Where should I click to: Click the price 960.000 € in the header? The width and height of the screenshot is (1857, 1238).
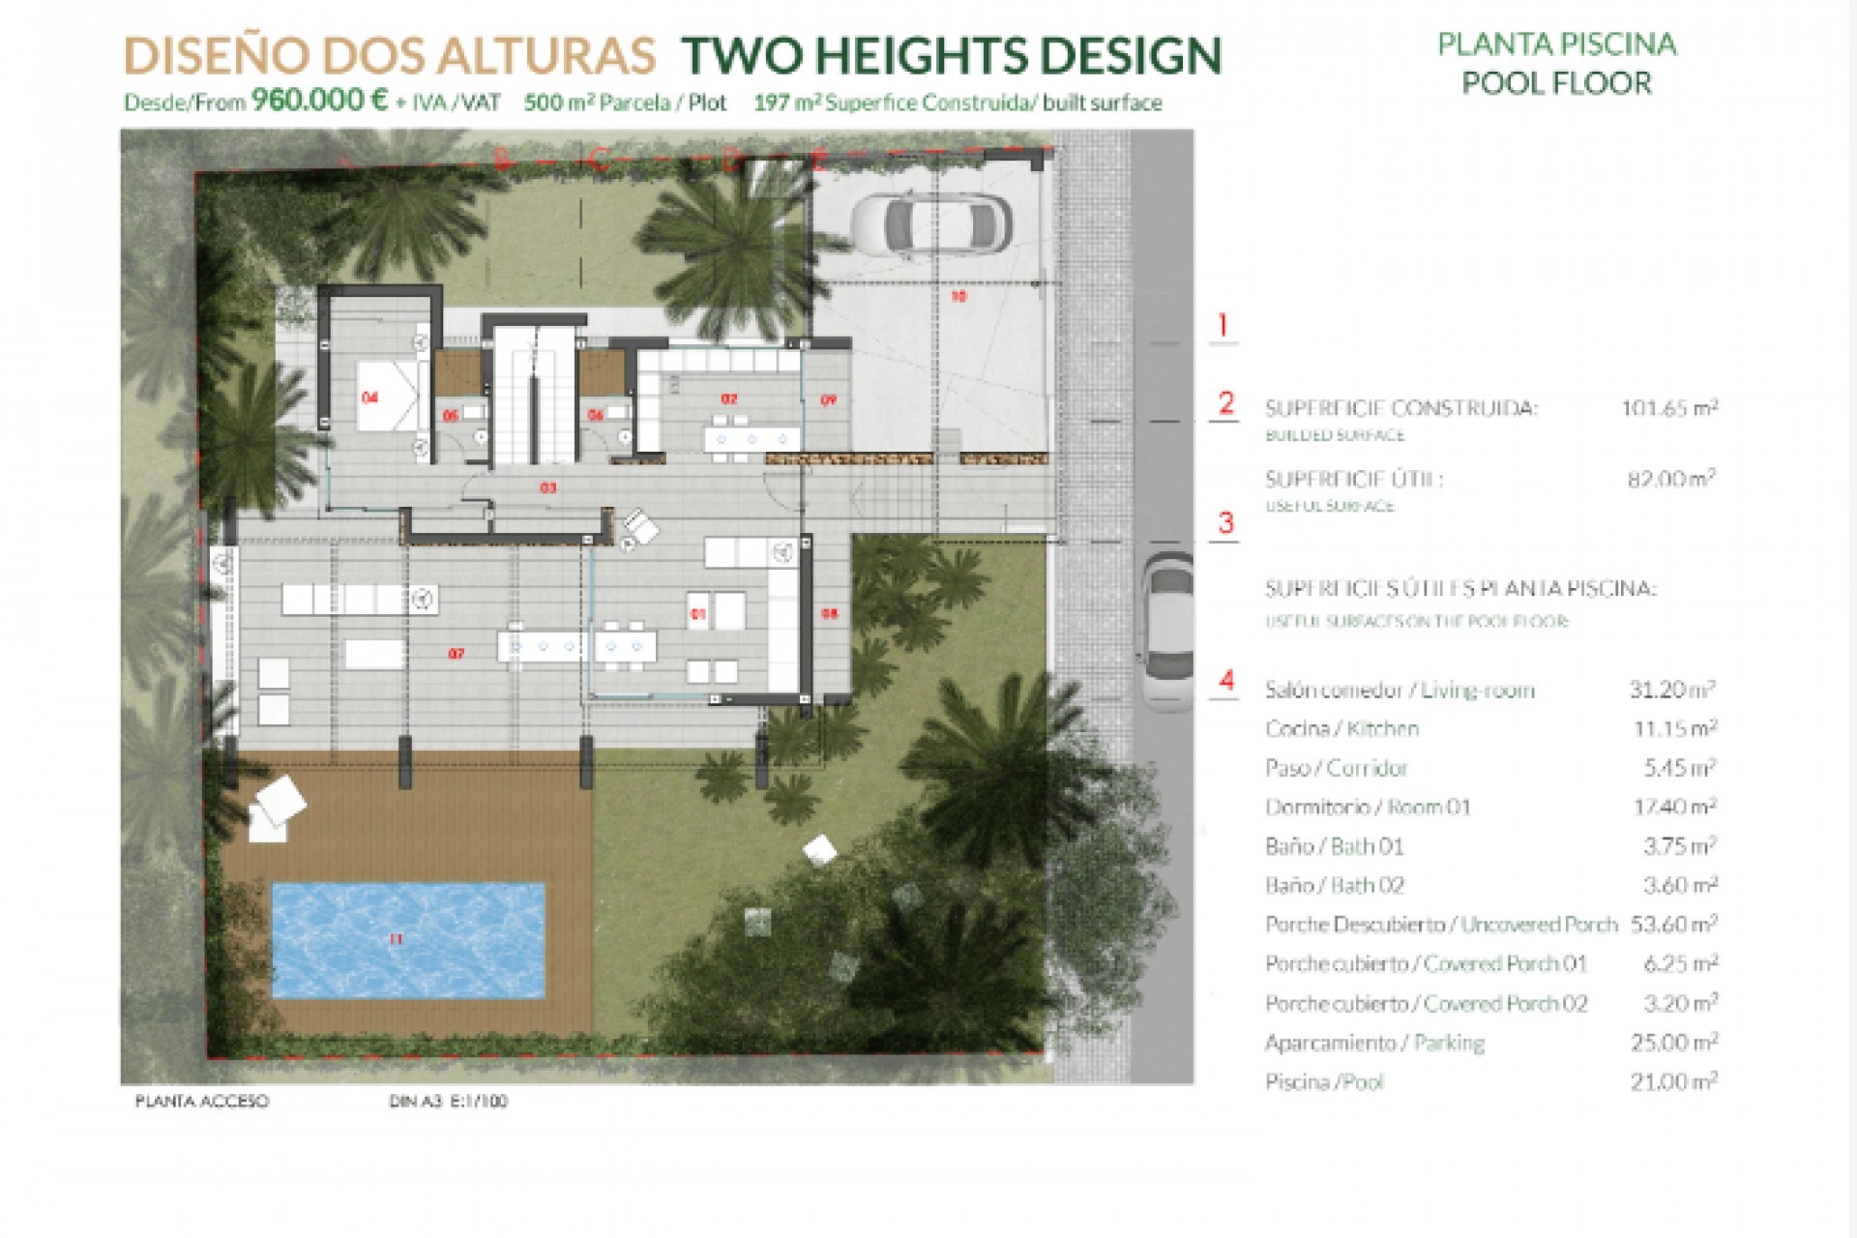click(320, 101)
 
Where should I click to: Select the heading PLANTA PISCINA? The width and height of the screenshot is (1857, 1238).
click(1556, 44)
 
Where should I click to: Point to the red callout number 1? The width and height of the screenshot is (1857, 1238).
click(1223, 325)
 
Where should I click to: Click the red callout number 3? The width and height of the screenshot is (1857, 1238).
click(1225, 523)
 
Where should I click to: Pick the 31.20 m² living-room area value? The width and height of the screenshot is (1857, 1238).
click(1671, 690)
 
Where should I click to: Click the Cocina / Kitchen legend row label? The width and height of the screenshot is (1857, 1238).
click(1341, 729)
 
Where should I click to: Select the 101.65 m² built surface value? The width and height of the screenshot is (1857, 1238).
click(1669, 408)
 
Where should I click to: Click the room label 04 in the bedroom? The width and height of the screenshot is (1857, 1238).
click(369, 398)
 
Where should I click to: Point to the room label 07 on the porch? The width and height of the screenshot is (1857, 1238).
click(457, 654)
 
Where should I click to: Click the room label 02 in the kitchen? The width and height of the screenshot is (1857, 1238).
click(729, 398)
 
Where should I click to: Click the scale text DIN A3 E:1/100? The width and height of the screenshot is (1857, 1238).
click(448, 1102)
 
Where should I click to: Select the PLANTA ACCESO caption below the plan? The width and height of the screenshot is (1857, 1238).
click(202, 1102)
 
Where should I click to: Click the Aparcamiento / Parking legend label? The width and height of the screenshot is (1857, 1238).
click(1373, 1043)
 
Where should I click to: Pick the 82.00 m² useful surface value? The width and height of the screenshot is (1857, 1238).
click(1671, 479)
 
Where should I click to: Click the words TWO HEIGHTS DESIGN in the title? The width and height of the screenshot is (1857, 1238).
click(952, 56)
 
